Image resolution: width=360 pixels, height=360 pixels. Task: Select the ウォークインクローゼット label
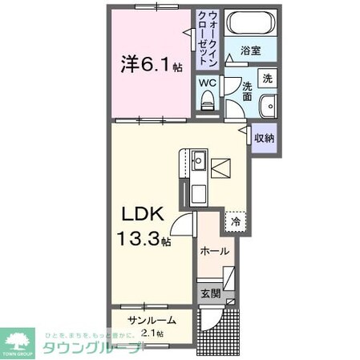209,38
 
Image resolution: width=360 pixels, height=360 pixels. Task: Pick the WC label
207,83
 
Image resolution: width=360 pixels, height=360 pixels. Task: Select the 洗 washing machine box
269,79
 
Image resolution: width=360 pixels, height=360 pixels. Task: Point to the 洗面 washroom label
247,92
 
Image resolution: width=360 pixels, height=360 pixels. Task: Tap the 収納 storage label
265,137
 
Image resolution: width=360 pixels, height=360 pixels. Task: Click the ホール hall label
214,251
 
